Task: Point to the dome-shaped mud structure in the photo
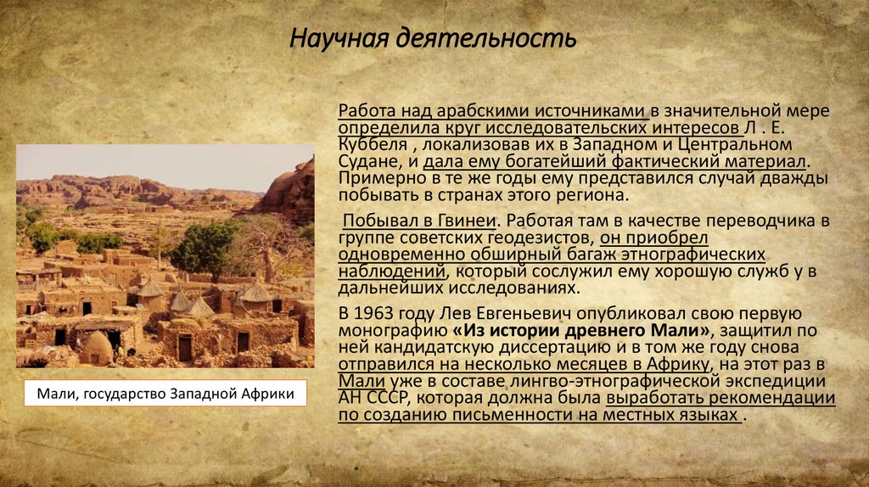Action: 98,348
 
